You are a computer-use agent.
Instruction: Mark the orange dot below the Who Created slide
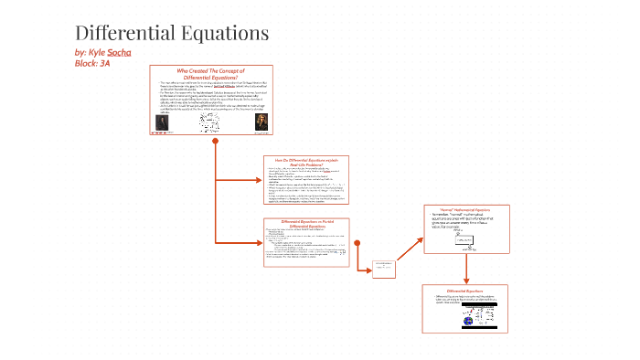(215, 143)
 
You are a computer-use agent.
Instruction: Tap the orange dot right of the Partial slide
(357, 243)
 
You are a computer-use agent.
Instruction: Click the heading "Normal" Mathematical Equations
(466, 211)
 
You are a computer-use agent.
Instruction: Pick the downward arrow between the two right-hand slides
(466, 270)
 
